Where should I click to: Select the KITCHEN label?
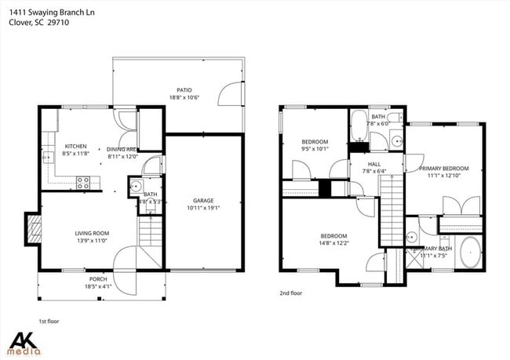click(75, 147)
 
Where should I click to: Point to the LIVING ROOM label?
click(92, 233)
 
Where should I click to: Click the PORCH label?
click(98, 278)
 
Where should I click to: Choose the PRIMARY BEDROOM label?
click(443, 169)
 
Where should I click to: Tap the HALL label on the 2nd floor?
click(374, 164)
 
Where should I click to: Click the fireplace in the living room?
click(34, 229)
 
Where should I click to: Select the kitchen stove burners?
click(84, 184)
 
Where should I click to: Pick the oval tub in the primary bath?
click(471, 253)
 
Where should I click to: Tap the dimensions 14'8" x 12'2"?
click(334, 243)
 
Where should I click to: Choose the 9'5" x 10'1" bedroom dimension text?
click(314, 148)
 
